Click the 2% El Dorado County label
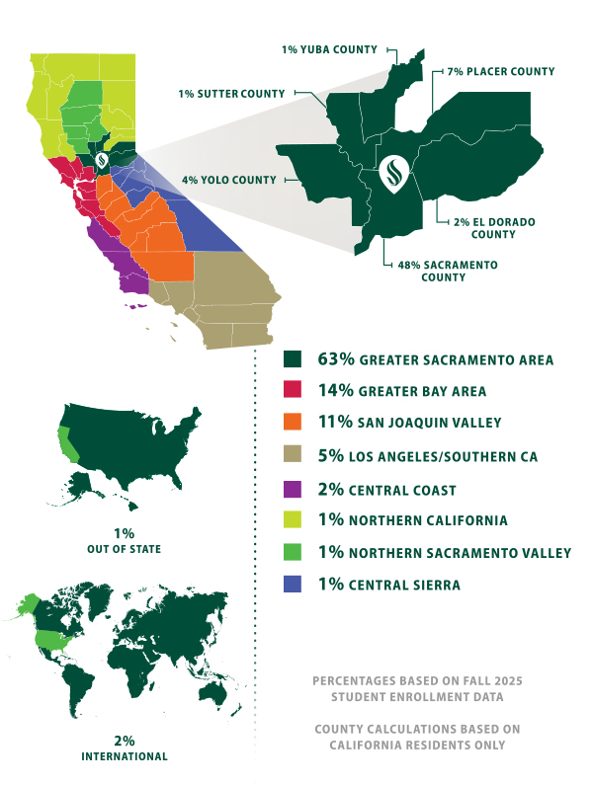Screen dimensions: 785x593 coord(494,228)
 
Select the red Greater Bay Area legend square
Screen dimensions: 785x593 coord(293,391)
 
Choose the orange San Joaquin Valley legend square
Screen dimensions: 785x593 coord(293,423)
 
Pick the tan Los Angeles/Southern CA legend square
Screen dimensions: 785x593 coord(293,455)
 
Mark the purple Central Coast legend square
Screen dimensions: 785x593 coord(293,488)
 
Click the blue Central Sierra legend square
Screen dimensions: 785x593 coord(293,585)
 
